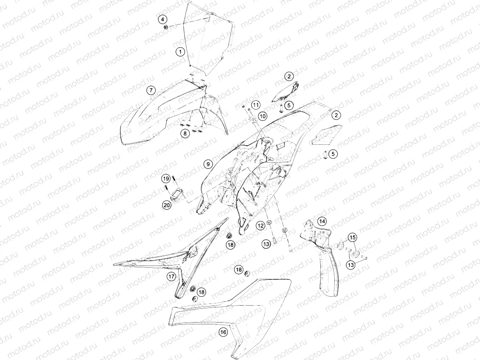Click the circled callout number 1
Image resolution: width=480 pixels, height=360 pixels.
(181, 51)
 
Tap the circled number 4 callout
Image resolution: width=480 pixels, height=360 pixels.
(163, 19)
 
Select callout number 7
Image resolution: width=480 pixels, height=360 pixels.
(151, 90)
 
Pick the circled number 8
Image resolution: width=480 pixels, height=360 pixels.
(185, 133)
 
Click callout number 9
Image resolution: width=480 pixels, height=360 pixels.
(208, 164)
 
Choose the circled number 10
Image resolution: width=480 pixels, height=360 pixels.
(263, 116)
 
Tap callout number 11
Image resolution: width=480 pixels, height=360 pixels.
(256, 105)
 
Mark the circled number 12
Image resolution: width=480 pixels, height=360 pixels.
(260, 226)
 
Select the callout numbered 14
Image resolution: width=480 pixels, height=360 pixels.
(321, 221)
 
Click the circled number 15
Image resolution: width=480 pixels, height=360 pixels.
(352, 237)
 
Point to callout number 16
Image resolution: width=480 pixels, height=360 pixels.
(224, 332)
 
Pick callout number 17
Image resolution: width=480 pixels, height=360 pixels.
(171, 277)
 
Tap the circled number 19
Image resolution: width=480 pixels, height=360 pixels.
(166, 179)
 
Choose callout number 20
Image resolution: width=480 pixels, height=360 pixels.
(167, 205)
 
